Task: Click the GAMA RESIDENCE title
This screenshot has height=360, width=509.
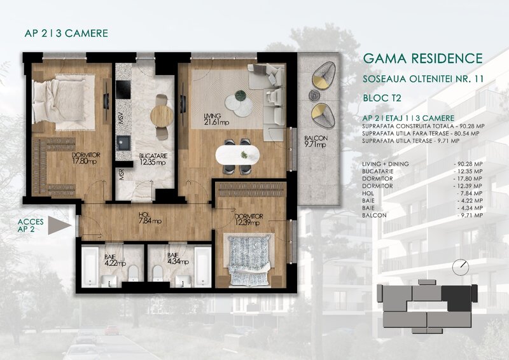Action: pos(422,59)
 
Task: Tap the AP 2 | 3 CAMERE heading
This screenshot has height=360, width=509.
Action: pos(65,33)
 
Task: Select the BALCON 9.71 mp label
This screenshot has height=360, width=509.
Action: pos(315,141)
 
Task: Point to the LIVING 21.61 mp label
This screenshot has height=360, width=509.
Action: pos(216,119)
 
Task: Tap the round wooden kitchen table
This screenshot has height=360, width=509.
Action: pos(161,115)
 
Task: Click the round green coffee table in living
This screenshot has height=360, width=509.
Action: pos(242,96)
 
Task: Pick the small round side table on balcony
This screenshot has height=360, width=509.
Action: pos(313,95)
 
